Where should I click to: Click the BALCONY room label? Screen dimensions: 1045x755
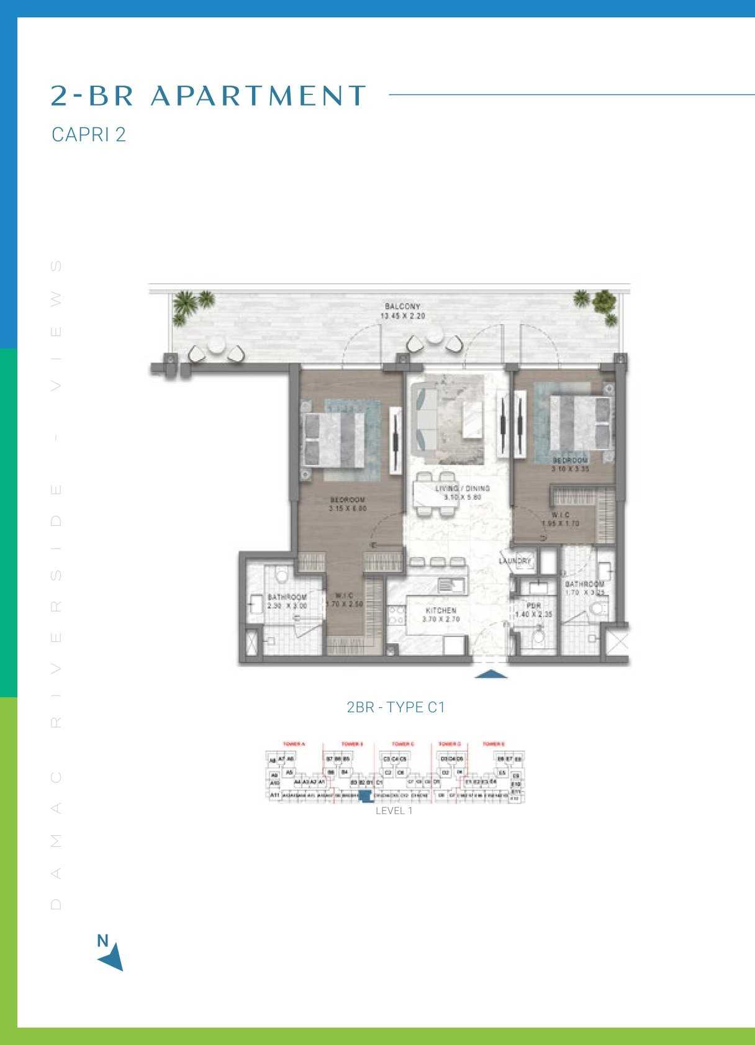click(x=402, y=307)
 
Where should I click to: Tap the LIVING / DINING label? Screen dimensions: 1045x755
click(x=463, y=489)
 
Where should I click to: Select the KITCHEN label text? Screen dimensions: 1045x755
click(x=441, y=611)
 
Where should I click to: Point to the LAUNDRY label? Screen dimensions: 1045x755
click(x=515, y=561)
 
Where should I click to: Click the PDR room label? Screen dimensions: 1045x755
click(x=533, y=606)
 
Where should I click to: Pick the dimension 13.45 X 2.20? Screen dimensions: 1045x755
click(x=402, y=316)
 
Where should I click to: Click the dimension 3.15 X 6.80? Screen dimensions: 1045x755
click(x=348, y=509)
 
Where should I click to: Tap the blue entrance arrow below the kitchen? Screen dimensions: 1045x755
click(x=491, y=674)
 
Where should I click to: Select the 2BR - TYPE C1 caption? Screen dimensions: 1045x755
click(x=396, y=707)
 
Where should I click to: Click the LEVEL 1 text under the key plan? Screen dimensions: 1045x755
click(x=394, y=811)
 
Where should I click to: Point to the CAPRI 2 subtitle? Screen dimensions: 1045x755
click(x=89, y=135)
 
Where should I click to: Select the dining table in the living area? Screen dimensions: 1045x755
click(x=436, y=494)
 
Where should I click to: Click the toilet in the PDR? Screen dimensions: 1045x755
click(x=538, y=637)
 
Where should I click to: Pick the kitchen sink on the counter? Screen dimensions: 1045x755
click(x=447, y=585)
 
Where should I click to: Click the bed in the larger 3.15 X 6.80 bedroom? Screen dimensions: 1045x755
click(x=333, y=440)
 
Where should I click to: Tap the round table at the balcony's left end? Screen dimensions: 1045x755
click(x=216, y=345)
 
